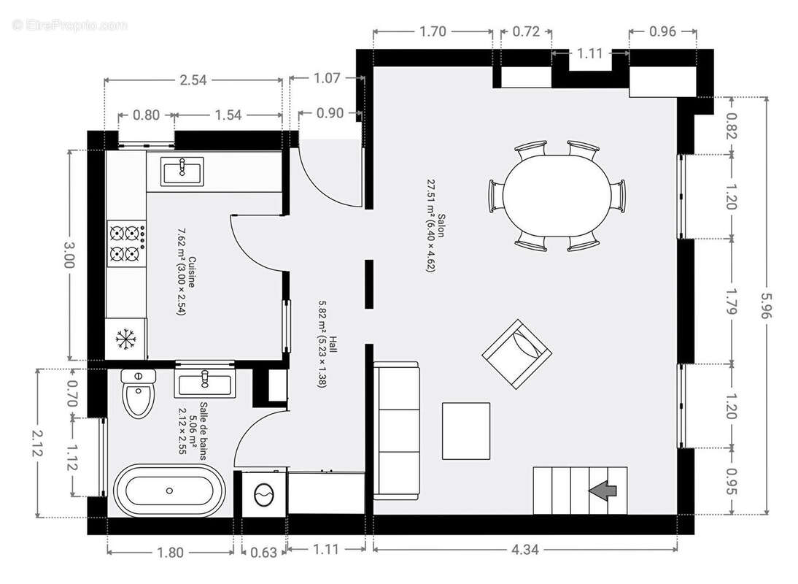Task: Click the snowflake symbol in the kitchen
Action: point(126,339)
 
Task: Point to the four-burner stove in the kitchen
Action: point(125,244)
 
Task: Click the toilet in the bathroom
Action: point(137,393)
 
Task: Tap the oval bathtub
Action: point(169,491)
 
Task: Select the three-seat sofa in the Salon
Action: point(397,429)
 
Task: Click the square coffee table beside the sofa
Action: point(466,431)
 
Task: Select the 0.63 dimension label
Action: point(263,553)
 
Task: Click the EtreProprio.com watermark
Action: point(70,25)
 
